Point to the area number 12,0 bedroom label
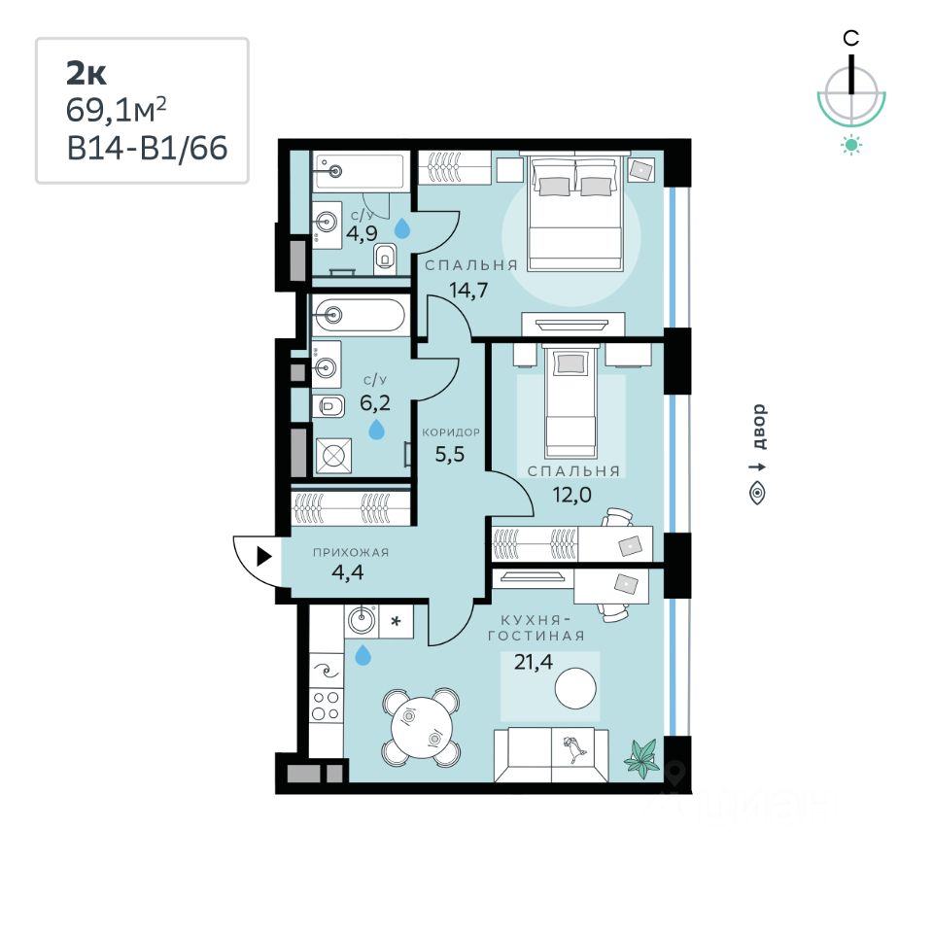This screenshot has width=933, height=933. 573,494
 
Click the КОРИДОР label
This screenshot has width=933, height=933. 450,432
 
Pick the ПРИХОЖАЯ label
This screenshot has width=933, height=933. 350,552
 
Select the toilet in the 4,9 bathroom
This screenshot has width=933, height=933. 386,256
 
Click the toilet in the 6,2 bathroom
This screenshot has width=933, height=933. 329,407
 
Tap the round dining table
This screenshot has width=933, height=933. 420,725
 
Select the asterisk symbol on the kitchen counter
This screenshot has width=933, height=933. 396,619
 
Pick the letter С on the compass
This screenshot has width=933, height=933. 850,38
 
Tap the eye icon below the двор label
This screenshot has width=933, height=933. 758,494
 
